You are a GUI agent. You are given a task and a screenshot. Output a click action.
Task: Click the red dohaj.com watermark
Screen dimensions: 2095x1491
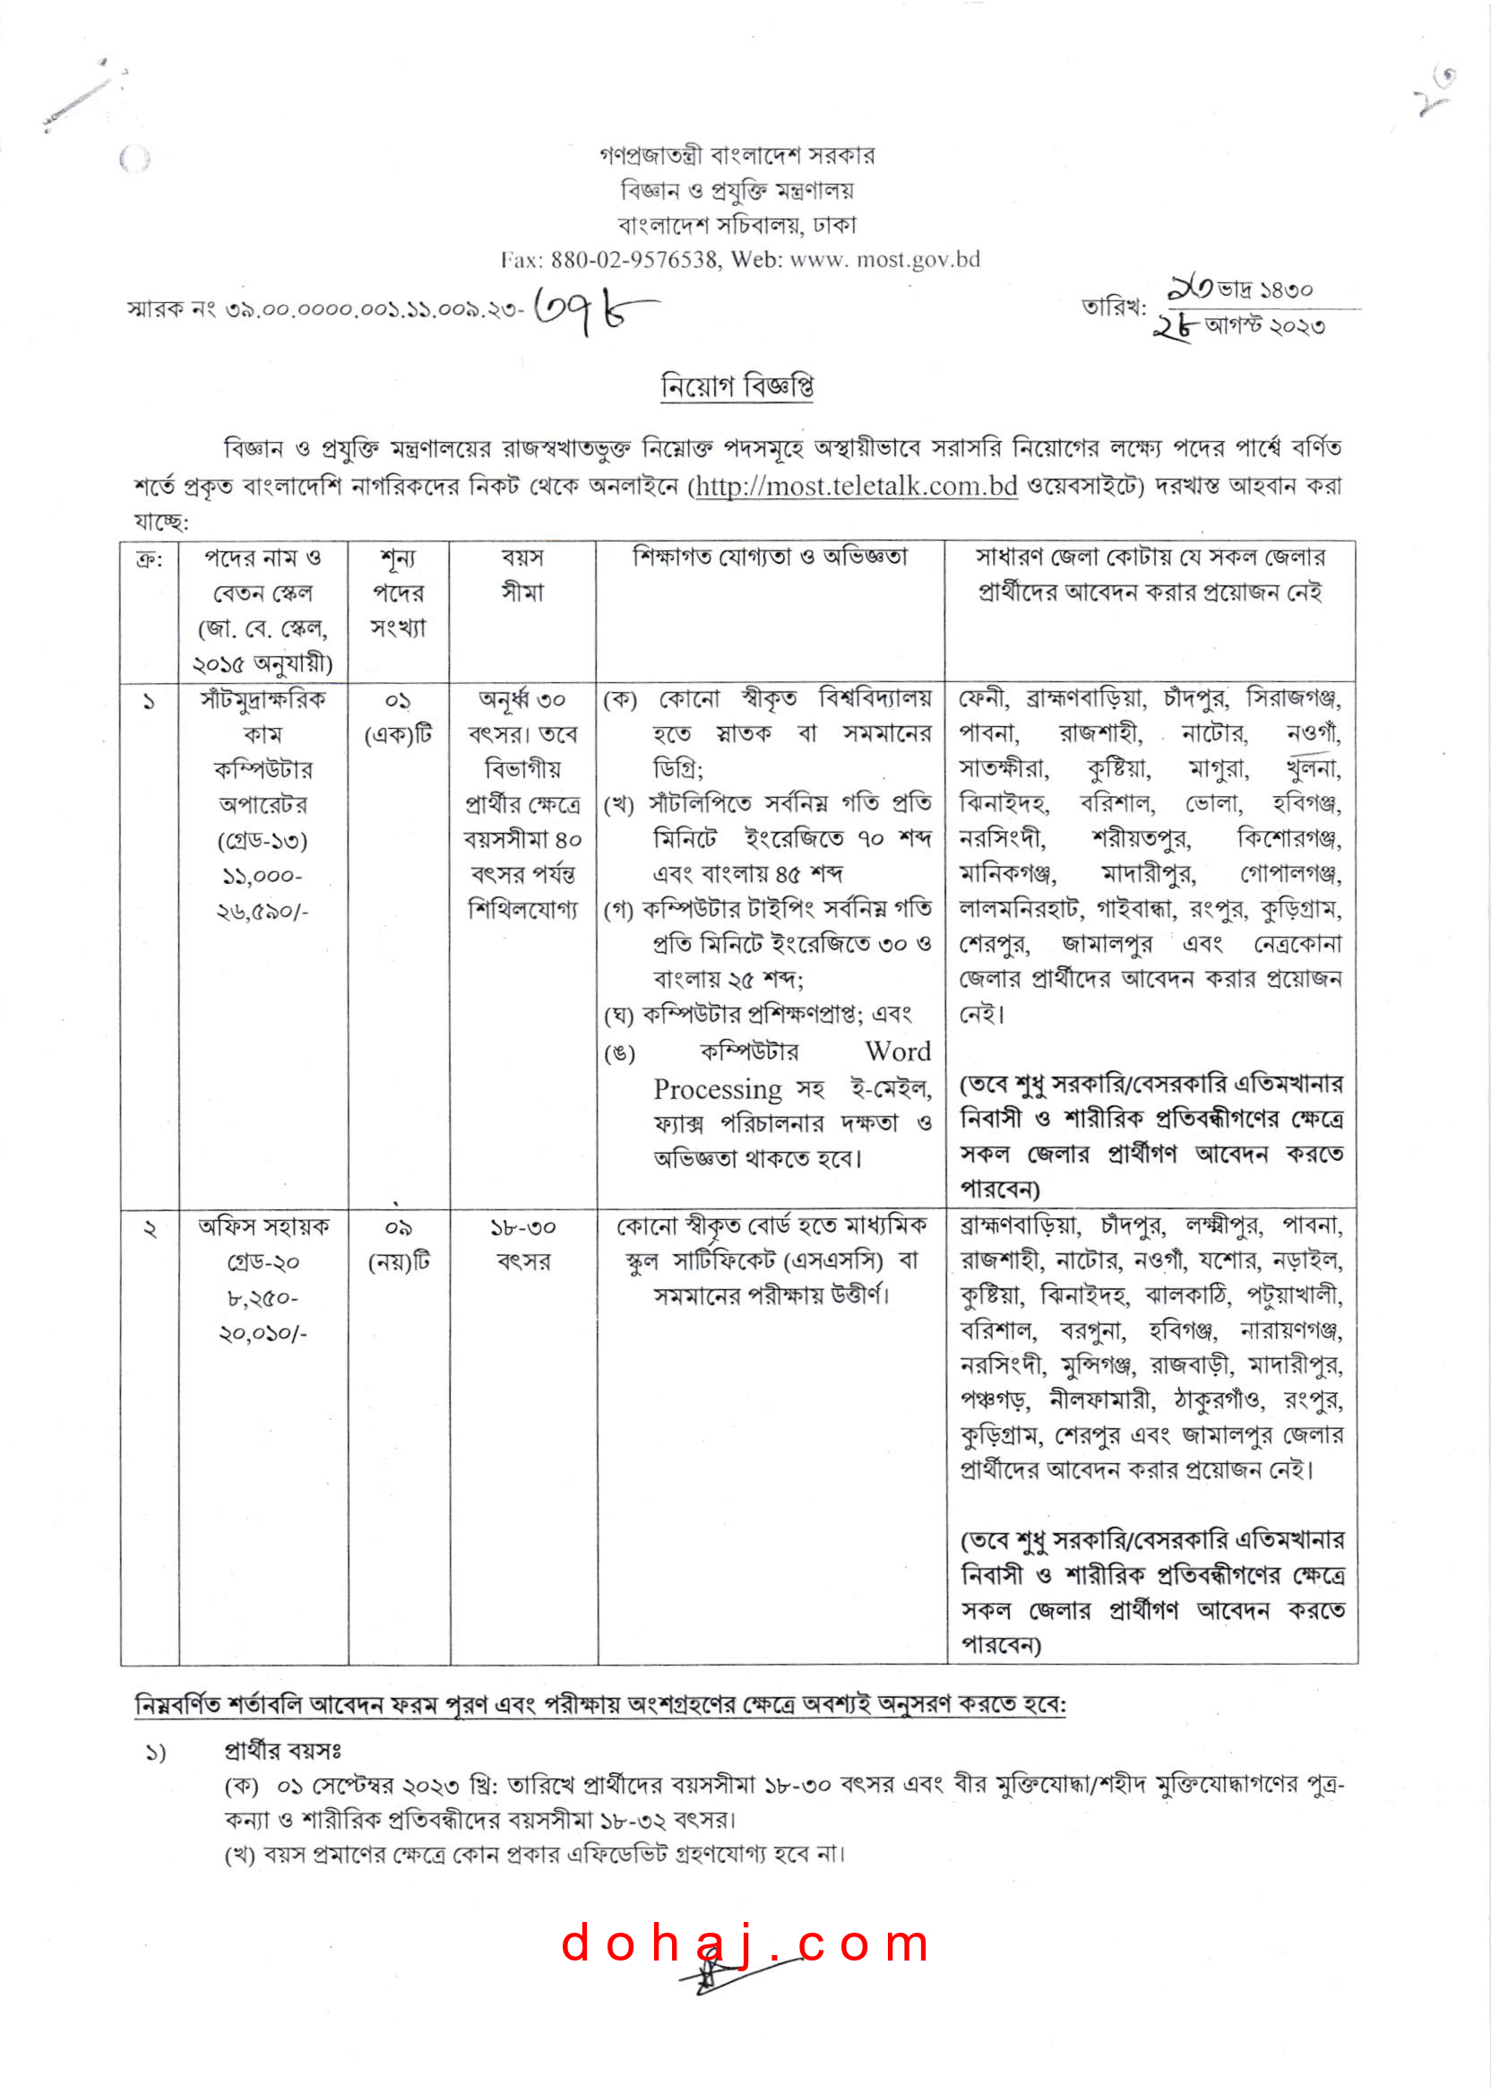[x=745, y=1945]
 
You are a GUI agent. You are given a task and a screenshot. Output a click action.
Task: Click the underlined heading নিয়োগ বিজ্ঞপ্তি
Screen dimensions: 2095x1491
[x=737, y=385]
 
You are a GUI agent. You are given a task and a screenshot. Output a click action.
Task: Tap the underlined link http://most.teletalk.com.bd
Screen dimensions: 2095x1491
[x=856, y=485]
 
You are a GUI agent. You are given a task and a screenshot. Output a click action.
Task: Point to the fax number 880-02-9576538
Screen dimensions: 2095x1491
[x=633, y=260]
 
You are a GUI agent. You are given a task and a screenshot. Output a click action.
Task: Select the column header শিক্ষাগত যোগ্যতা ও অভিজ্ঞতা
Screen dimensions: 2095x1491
[x=770, y=558]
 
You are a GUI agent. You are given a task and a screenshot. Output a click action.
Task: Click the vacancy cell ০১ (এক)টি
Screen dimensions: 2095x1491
[x=398, y=717]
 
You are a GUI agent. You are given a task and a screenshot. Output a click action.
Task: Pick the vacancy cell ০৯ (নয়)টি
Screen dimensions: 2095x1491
[x=398, y=1244]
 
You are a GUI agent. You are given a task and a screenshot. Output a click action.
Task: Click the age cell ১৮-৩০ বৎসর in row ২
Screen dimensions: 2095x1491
[x=522, y=1244]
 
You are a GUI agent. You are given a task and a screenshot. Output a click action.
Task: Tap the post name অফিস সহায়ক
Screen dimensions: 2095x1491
[x=263, y=1227]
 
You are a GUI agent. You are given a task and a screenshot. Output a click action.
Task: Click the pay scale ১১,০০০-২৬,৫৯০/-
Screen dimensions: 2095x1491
[x=263, y=893]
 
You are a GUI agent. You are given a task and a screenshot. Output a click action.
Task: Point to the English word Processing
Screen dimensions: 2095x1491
[x=717, y=1089]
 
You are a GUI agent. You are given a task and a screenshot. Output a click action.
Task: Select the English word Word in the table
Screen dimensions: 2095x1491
[x=897, y=1052]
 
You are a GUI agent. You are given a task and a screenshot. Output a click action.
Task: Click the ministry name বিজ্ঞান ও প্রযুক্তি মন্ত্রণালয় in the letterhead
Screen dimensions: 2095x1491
[x=737, y=190]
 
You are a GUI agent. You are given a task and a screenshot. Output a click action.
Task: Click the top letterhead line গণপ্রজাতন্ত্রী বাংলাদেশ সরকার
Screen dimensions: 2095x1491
[x=737, y=155]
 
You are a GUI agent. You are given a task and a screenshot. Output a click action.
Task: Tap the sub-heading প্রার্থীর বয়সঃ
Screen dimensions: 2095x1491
[x=283, y=1751]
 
